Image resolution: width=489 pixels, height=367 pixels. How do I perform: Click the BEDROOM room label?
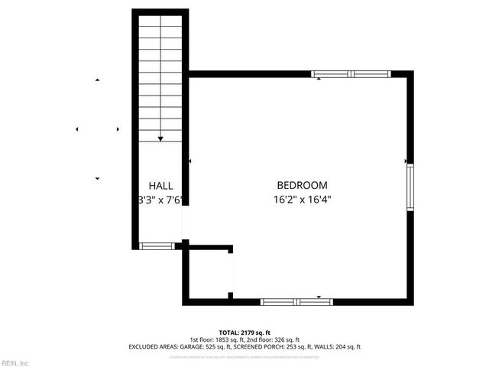tap(302, 185)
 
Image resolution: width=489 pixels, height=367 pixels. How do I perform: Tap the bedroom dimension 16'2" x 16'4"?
tap(302, 200)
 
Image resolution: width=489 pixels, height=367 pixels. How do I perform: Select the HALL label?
tap(160, 186)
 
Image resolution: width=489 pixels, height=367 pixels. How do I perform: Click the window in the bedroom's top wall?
tap(351, 74)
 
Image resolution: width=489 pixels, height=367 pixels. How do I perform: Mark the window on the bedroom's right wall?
tap(410, 187)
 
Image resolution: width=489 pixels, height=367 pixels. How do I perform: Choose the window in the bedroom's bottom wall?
tap(296, 302)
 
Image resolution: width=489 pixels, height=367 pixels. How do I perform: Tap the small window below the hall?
tap(156, 246)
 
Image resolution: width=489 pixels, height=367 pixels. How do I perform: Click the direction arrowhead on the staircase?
tap(160, 138)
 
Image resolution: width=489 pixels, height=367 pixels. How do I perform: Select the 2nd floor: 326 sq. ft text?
tap(273, 340)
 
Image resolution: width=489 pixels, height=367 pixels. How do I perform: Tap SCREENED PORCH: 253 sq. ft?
tap(273, 347)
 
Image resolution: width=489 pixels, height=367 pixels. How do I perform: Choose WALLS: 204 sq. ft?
tap(341, 347)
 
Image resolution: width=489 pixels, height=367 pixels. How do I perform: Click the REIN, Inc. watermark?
tap(15, 362)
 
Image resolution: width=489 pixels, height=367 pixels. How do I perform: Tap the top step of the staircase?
tap(160, 22)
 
